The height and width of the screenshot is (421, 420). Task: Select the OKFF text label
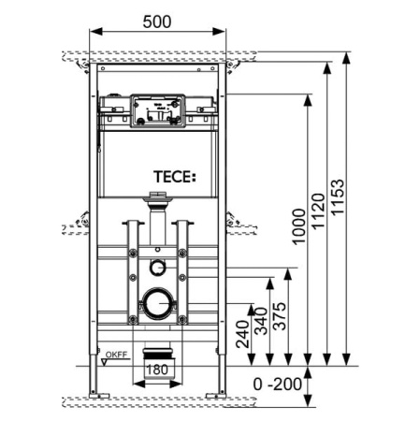(115, 356)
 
